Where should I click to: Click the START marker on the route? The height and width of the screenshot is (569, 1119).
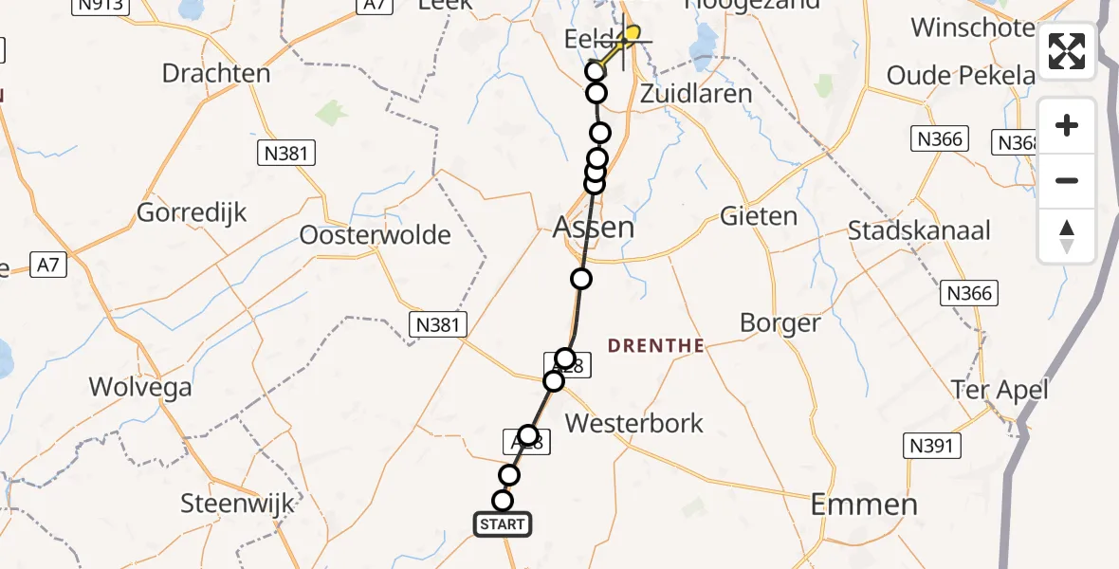tap(503, 523)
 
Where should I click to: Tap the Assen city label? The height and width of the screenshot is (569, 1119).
tap(594, 228)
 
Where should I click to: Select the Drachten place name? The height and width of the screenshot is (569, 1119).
tap(216, 73)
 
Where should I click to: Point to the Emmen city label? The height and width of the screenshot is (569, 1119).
tap(864, 505)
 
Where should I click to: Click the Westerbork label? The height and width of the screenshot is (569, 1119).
tap(633, 423)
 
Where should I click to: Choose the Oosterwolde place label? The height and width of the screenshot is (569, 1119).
tap(375, 234)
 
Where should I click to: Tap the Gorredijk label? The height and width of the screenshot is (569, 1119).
tap(192, 212)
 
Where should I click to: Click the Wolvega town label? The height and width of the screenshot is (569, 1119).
tap(139, 387)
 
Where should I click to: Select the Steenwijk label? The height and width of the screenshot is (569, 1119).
tap(238, 504)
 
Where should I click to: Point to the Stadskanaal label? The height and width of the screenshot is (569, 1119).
tap(919, 230)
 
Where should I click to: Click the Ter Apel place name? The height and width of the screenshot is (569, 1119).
tap(1001, 390)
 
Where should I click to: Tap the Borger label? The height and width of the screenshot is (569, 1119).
tap(780, 323)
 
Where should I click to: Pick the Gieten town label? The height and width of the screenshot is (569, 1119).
tap(759, 216)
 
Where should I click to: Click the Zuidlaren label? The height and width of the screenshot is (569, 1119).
tap(696, 94)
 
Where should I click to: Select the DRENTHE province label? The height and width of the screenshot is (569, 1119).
tap(656, 346)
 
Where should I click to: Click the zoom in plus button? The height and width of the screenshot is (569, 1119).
tap(1067, 125)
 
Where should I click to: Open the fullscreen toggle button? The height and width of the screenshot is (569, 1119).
tap(1067, 51)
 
